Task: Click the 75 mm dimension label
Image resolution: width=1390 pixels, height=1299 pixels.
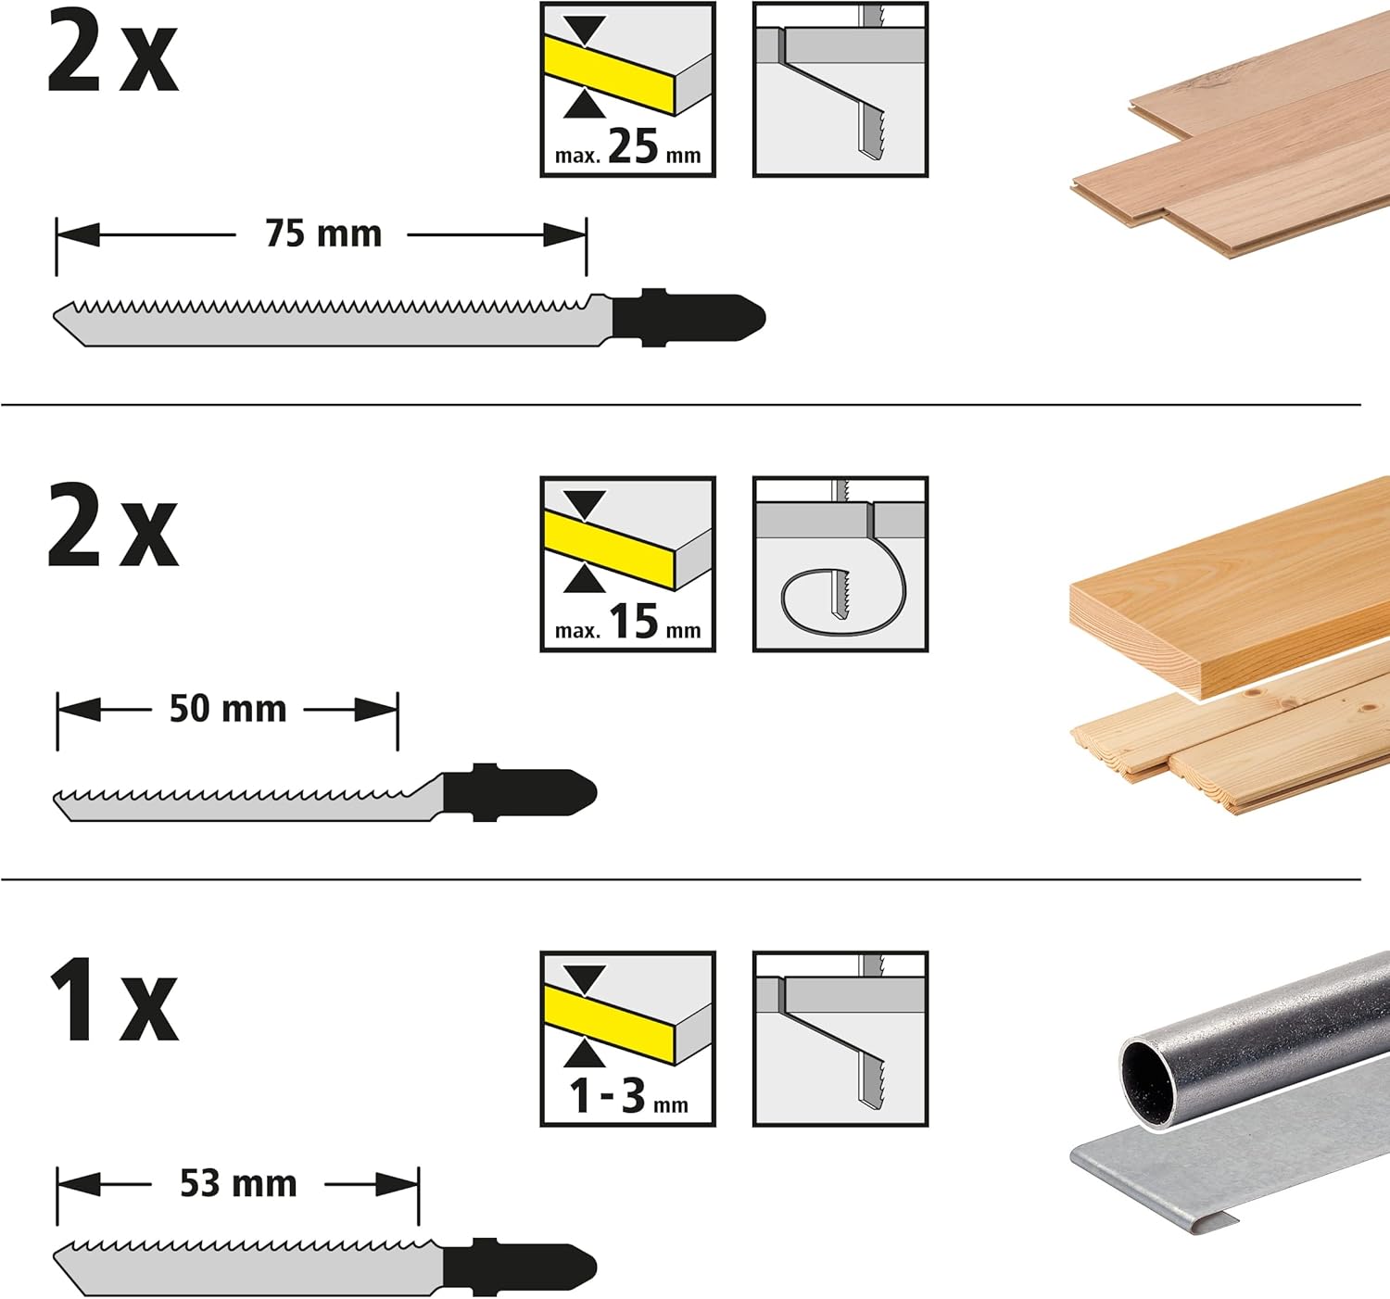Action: coord(323,233)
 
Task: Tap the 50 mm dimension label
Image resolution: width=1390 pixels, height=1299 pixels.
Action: coord(228,709)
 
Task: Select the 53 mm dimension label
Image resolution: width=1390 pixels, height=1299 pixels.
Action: coord(239,1183)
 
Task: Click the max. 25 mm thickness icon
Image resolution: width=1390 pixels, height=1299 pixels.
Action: coord(627,90)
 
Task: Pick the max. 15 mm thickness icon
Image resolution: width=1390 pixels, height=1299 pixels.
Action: coord(627,564)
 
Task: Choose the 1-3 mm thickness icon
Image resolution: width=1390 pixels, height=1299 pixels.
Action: coord(627,1039)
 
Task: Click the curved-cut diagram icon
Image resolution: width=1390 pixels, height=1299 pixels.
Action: coord(840,564)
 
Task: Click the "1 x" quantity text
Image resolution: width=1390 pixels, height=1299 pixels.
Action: coord(113,1000)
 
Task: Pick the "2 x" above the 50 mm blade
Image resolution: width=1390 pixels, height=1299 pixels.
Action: coord(113,525)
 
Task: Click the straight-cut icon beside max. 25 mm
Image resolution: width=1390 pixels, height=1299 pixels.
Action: coord(840,90)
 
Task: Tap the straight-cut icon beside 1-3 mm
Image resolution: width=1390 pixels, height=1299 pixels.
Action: coord(840,1039)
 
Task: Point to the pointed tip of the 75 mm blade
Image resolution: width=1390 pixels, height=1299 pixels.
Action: coord(55,316)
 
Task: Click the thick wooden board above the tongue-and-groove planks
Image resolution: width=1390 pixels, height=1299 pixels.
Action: coord(1230,588)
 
